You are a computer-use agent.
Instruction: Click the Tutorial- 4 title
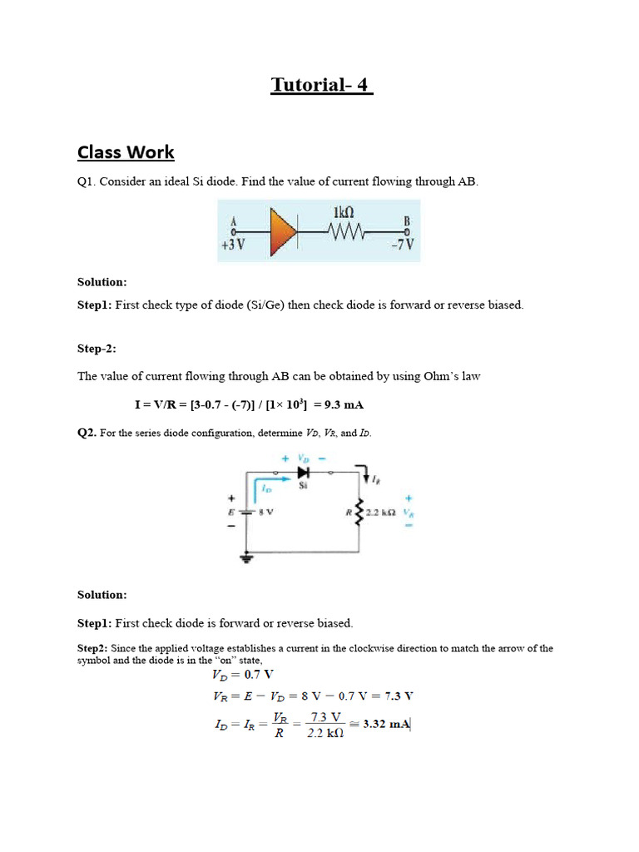[x=322, y=85]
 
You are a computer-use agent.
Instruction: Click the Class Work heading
[x=126, y=152]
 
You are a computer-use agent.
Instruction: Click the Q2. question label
[x=87, y=433]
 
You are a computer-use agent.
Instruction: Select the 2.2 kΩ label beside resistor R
[x=380, y=513]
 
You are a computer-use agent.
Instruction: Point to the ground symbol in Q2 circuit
[x=246, y=558]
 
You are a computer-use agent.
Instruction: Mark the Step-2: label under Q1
[x=97, y=349]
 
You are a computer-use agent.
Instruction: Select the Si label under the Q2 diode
[x=303, y=486]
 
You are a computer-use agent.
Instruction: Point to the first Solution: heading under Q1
[x=102, y=282]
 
